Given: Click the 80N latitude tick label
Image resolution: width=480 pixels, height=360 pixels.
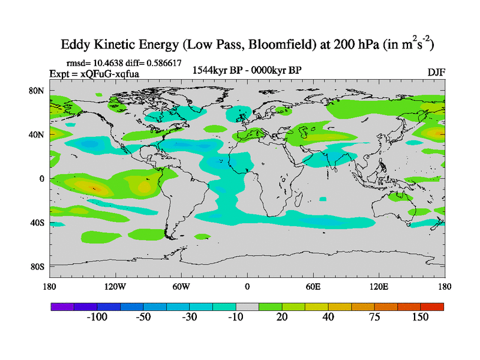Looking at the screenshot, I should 38,91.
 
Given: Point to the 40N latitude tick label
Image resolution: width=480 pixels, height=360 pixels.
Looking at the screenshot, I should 38,134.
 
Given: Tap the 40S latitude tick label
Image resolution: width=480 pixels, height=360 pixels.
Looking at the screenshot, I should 38,223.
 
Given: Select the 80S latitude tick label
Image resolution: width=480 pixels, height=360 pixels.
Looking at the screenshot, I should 38,266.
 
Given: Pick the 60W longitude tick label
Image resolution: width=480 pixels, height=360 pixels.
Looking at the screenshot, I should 181,286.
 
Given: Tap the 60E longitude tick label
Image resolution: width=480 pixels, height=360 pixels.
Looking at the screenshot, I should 313,286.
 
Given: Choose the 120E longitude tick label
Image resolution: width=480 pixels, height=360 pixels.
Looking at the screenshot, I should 379,286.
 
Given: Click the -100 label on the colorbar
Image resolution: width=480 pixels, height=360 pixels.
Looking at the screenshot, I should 97,317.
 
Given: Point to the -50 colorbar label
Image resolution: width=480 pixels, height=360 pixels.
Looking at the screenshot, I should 143,317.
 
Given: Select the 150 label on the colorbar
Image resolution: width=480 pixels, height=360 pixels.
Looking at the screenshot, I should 421,317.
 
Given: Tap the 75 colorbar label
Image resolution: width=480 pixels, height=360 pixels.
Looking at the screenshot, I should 374,317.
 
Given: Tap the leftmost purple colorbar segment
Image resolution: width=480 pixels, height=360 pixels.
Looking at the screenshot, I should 62,307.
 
